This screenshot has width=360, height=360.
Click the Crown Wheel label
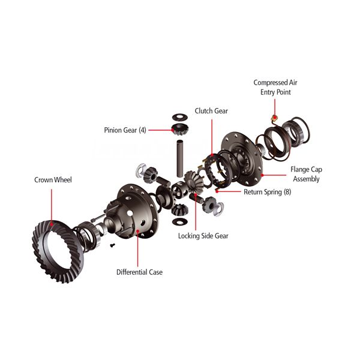pos(53,180)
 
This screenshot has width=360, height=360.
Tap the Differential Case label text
pos(140,272)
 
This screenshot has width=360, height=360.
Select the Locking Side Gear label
pos(203,236)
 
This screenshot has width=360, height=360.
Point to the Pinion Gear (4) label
pos(125,130)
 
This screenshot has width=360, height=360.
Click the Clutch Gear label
pos(211,111)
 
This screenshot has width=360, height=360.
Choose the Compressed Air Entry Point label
pos(275,87)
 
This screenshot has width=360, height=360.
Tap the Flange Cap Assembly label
pos(306,174)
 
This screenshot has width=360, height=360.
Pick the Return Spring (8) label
pos(268,192)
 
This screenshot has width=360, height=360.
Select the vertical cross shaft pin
pos(180,158)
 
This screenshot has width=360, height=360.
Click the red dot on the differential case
pos(138,231)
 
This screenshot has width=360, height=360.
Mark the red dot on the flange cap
pos(262,175)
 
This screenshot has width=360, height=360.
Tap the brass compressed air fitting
pos(274,118)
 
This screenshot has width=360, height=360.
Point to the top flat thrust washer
pos(180,117)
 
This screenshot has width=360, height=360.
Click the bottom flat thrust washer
pos(180,221)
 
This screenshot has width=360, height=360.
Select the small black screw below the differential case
pos(112,245)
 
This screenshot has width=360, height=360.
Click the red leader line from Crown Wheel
pos(52,205)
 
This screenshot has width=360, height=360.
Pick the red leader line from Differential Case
pos(138,250)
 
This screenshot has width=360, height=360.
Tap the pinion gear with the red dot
pos(180,130)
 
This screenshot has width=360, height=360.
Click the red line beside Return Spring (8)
pos(229,191)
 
